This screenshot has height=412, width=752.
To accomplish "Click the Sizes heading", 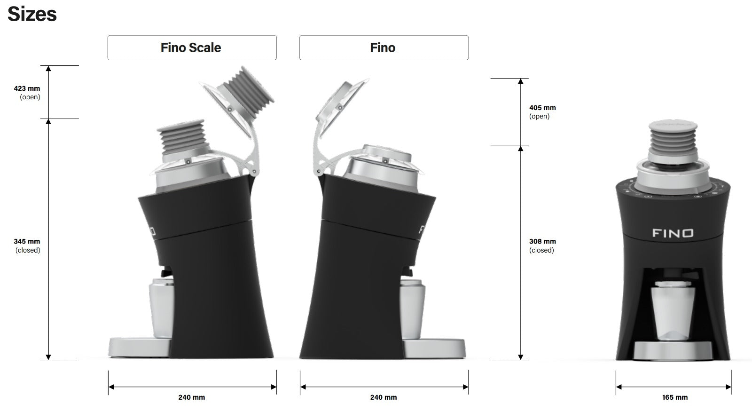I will pos(32,14).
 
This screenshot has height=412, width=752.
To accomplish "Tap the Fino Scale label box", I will pos(192,48).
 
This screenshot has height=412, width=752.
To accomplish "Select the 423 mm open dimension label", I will pos(27,92).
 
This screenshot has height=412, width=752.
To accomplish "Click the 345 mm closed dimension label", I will pos(27,246).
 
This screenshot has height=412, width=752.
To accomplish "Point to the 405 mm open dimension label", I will pos(542,112).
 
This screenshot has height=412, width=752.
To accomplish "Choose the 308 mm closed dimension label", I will pos(542,246).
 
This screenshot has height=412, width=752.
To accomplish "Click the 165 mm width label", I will pos(674,397).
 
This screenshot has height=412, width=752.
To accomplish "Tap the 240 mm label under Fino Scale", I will pos(192,397).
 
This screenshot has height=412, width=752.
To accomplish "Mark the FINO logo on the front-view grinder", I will pos(673,233).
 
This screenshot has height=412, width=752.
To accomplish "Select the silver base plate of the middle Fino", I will pos(435,348).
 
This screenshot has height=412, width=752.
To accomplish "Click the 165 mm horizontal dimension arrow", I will pos(673,387).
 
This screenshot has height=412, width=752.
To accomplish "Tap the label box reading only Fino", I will pos(384,48).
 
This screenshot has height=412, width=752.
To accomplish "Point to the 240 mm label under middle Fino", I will pos(384,397).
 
